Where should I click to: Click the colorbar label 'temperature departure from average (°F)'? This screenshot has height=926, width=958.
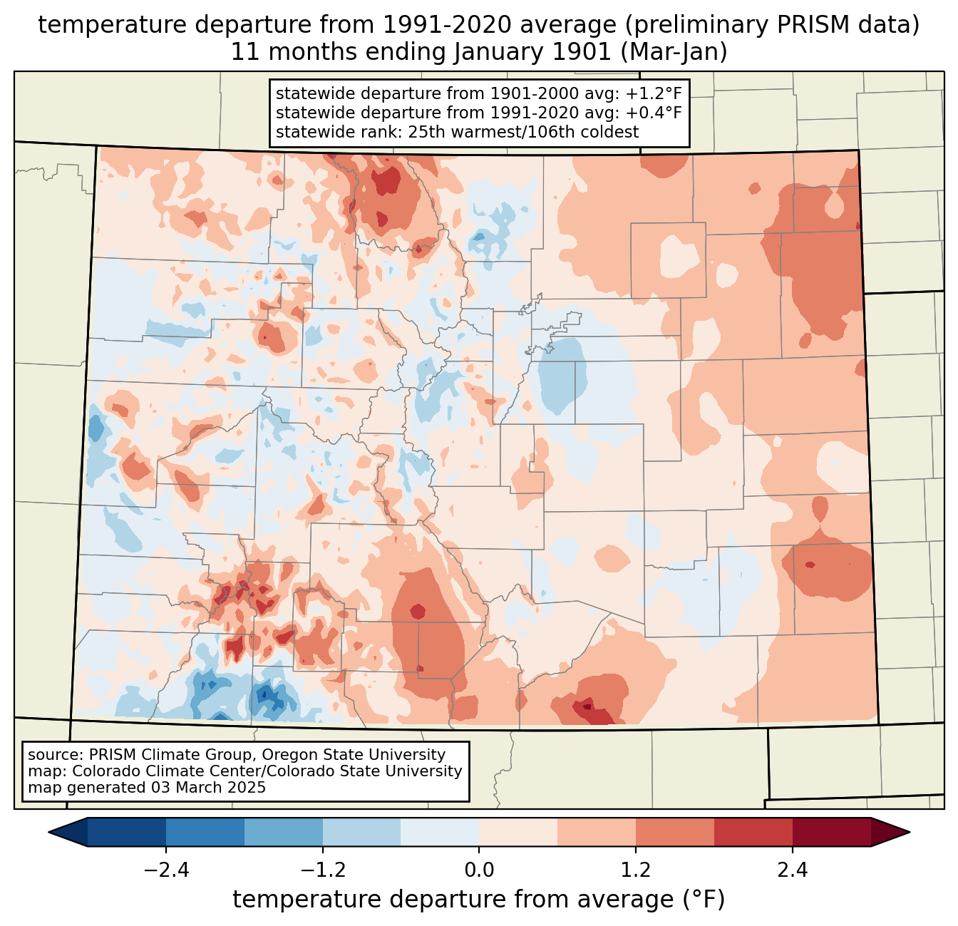coord(479,900)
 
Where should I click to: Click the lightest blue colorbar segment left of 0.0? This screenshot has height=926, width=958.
coord(440,832)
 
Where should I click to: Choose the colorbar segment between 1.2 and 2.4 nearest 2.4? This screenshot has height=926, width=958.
coord(753,832)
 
